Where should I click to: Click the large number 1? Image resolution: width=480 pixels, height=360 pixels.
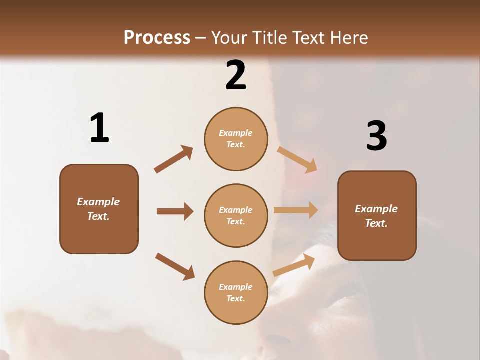click(x=99, y=128)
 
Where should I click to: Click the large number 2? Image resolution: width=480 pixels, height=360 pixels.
click(x=236, y=75)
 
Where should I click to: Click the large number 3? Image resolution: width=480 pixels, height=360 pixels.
click(x=376, y=136)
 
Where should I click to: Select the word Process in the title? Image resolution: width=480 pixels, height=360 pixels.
click(x=157, y=37)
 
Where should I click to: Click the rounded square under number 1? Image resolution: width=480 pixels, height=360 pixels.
click(x=99, y=209)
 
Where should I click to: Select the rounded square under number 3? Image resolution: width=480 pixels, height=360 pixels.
click(x=377, y=215)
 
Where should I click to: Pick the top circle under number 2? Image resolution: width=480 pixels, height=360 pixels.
click(x=236, y=139)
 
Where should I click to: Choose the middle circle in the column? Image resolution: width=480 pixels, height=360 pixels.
click(x=236, y=215)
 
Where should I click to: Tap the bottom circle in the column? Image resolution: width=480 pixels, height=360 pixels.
click(x=236, y=292)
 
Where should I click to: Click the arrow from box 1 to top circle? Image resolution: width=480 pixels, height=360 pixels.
click(x=173, y=159)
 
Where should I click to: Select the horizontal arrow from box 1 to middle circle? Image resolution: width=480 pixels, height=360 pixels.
click(x=175, y=211)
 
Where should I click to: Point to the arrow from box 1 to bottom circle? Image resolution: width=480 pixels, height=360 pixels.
click(x=175, y=266)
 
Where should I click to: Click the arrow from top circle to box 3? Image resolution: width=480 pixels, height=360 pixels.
click(x=297, y=159)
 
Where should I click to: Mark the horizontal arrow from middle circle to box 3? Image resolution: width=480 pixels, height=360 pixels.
click(x=296, y=210)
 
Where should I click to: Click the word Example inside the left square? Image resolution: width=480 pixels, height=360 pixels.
click(x=98, y=202)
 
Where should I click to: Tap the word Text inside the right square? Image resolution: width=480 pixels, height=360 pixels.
click(x=376, y=223)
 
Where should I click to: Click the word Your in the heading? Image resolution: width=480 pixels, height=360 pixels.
click(x=229, y=37)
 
